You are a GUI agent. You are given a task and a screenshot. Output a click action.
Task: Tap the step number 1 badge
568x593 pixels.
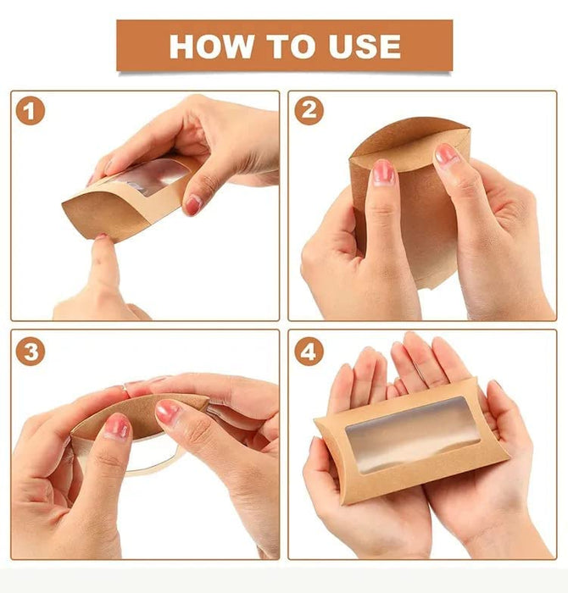31,111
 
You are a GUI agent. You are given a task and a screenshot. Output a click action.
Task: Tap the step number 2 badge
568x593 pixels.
309,111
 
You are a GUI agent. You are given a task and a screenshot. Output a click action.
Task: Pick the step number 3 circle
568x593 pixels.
31,351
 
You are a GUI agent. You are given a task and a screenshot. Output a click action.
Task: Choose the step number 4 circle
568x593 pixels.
309,351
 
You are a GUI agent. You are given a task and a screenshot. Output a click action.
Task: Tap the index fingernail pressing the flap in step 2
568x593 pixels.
383,173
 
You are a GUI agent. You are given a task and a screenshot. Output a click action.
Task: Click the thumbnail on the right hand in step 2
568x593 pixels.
446,153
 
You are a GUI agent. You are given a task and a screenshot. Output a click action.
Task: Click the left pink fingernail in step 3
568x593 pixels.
116,427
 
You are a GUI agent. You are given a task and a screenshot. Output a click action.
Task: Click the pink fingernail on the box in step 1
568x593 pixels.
194,204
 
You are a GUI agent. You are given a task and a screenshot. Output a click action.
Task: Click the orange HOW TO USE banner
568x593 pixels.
285,46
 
